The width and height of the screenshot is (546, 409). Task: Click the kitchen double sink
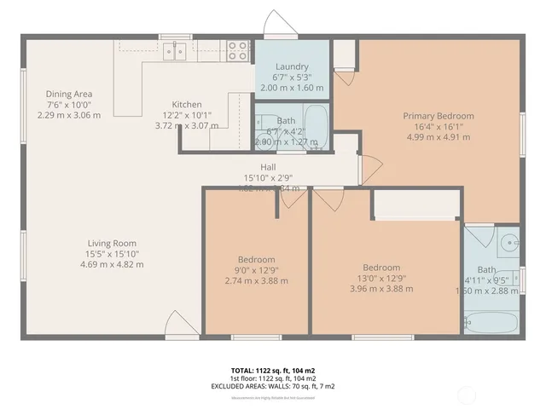[x=177, y=51]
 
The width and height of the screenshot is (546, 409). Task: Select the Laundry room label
[x=292, y=66]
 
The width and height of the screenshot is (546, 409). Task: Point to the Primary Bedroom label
[x=439, y=116]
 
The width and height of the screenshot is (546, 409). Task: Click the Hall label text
[x=268, y=167]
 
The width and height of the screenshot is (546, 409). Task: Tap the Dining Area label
[x=69, y=94]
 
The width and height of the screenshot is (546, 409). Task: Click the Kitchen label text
[x=187, y=105]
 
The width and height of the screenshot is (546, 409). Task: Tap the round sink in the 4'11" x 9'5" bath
[x=509, y=242]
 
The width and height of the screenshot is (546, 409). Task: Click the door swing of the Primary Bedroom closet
[x=345, y=73]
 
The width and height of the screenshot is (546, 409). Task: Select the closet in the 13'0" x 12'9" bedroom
[x=417, y=205]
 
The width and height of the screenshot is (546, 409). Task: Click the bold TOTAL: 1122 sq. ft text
[x=272, y=371]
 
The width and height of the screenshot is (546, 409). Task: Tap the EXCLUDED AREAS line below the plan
[x=272, y=386]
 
